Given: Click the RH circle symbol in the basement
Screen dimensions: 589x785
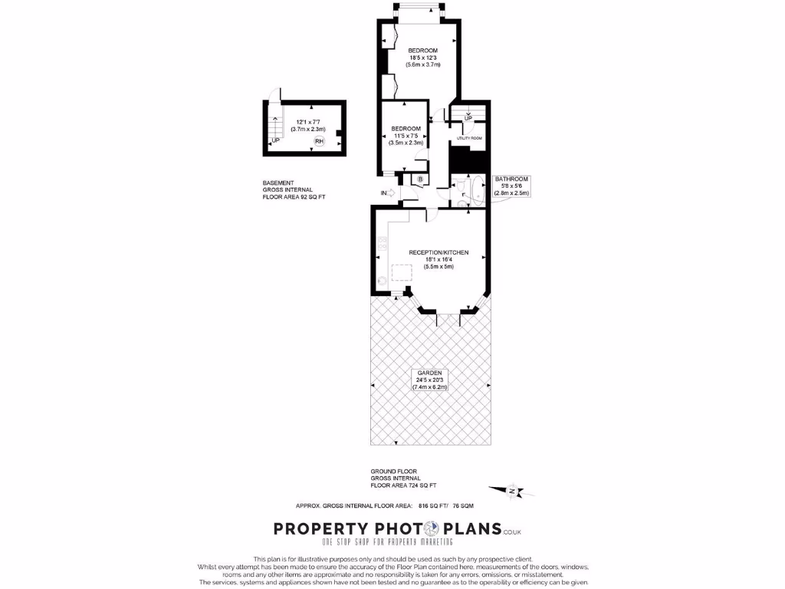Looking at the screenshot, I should click(319, 141).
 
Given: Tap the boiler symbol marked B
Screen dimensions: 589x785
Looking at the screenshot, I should click(420, 179).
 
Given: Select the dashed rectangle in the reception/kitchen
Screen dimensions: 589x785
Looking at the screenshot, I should click(402, 273).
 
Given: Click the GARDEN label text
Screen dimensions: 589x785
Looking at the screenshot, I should click(429, 373).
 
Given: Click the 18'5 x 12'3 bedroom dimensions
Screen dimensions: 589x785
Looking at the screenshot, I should click(422, 58).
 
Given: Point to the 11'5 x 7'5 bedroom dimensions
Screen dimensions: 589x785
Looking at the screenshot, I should click(406, 136).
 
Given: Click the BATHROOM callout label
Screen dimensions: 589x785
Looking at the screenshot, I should click(511, 179).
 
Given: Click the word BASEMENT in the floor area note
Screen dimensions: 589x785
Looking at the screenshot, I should click(278, 183).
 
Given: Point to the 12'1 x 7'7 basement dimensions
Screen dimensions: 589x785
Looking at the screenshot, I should click(310, 122).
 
